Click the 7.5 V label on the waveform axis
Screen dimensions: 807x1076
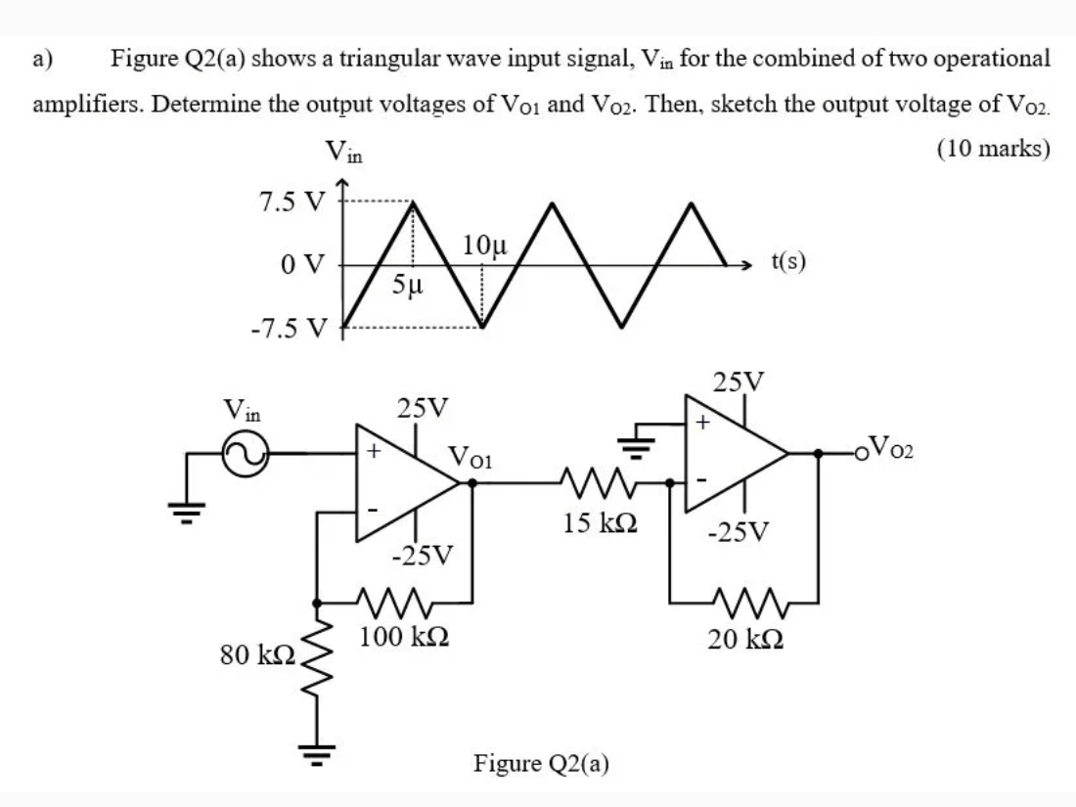click(x=291, y=201)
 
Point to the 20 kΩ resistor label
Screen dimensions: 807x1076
click(x=743, y=640)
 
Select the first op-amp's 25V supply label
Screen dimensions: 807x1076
click(x=422, y=405)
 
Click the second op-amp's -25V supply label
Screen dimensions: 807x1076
click(x=740, y=533)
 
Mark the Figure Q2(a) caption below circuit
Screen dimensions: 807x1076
click(x=541, y=763)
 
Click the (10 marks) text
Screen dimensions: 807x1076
click(x=993, y=148)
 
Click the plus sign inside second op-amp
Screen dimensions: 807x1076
click(x=701, y=424)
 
